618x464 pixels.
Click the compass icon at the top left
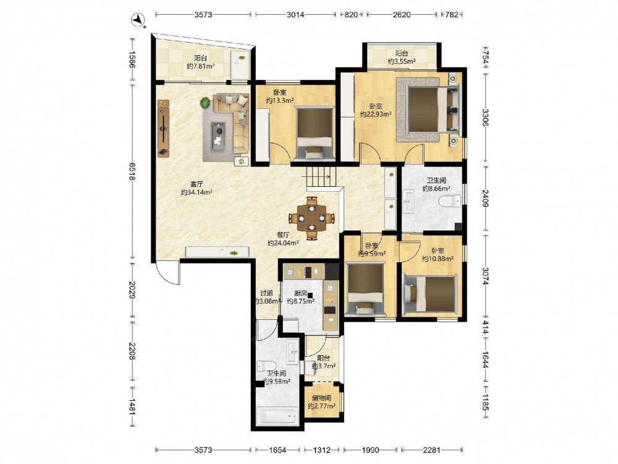138,20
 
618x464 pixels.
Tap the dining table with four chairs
311,218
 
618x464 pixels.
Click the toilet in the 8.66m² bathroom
449,201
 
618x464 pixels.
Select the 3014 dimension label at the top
295,15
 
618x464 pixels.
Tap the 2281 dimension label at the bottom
431,450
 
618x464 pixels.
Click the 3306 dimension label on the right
485,118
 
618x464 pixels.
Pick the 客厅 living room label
197,184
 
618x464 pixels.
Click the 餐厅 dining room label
283,234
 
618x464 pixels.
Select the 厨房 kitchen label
300,293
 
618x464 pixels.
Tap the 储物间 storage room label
321,398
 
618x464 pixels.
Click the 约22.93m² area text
376,114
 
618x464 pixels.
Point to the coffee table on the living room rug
218,136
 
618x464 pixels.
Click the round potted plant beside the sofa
205,103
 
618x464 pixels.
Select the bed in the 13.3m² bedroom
315,134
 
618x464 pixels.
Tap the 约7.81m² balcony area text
201,66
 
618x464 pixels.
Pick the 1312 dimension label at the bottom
322,450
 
